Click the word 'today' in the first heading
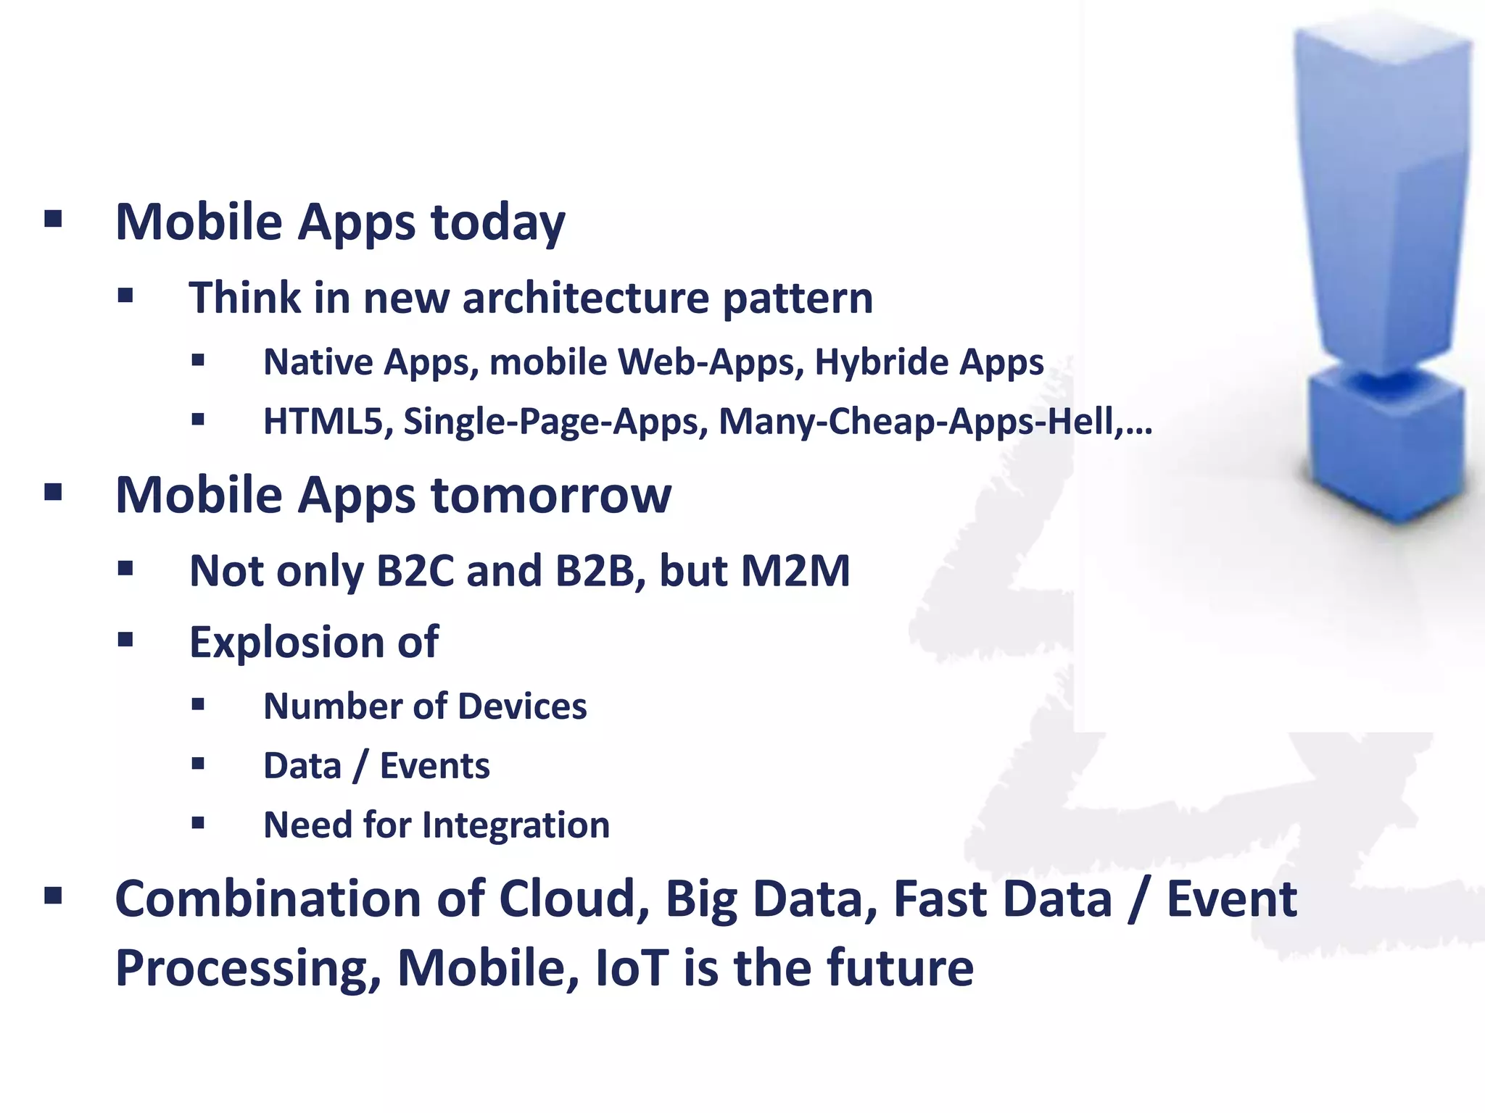(x=498, y=222)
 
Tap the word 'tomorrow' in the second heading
(x=551, y=496)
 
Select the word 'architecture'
(x=585, y=298)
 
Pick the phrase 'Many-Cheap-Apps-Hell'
(x=916, y=421)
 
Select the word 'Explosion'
(x=287, y=642)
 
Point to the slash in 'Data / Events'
(x=360, y=766)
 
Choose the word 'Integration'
(x=516, y=825)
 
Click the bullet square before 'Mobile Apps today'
(x=53, y=219)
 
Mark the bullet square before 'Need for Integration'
(x=198, y=822)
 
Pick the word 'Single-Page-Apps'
(x=555, y=422)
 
